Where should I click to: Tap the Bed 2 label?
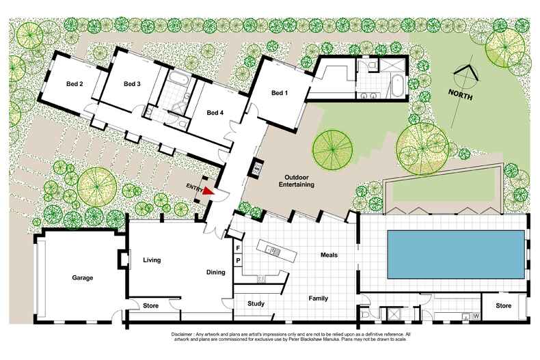click(x=75, y=84)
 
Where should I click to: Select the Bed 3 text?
click(x=132, y=84)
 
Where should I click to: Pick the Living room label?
click(x=151, y=260)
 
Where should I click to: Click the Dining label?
click(x=216, y=273)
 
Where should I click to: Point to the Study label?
click(x=256, y=305)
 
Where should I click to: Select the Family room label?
click(x=320, y=299)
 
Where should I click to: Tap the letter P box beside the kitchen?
click(x=237, y=260)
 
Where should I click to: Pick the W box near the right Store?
click(x=474, y=316)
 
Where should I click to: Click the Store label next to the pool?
click(x=503, y=306)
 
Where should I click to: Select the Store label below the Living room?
click(x=150, y=306)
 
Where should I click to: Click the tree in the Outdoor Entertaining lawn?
click(x=332, y=148)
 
